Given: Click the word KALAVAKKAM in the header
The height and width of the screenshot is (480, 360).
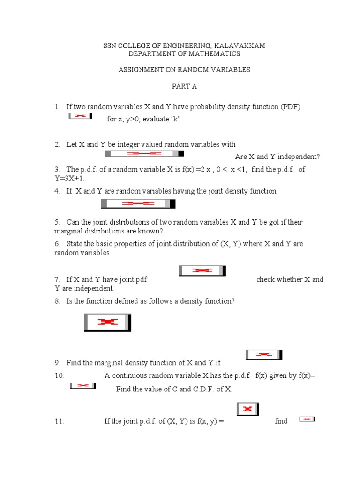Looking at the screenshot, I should click(x=240, y=45).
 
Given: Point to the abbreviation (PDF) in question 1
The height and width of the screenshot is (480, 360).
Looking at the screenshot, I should click(x=291, y=107).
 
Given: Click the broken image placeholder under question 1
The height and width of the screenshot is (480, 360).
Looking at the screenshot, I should click(x=81, y=116).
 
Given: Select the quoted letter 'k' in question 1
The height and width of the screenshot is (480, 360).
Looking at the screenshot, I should click(x=175, y=119).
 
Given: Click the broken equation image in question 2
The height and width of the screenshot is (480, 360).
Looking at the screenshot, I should click(x=144, y=153).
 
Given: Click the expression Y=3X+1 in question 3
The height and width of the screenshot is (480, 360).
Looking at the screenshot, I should click(x=70, y=179).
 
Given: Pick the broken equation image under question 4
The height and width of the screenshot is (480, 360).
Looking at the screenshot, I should click(x=138, y=203).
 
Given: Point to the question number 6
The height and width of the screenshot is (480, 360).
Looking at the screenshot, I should click(x=57, y=244).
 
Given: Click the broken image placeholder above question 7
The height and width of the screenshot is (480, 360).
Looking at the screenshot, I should click(x=202, y=270).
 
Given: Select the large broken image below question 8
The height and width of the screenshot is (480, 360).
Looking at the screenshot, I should click(x=107, y=322).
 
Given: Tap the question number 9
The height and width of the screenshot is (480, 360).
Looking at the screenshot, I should click(x=57, y=363).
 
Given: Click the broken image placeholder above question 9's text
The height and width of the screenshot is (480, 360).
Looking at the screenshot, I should click(x=264, y=355).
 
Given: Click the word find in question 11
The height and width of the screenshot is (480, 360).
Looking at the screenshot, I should click(x=281, y=421).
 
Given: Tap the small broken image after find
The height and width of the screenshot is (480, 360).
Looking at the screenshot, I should click(x=307, y=419).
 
